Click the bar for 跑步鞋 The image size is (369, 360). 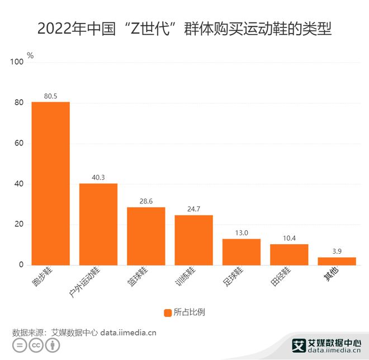click(50, 183)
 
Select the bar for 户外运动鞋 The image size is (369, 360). click(98, 224)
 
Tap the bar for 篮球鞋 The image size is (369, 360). click(146, 236)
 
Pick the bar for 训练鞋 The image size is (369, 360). click(193, 240)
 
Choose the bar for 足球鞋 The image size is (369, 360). click(242, 252)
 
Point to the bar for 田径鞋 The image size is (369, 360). click(289, 254)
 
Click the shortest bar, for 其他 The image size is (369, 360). click(337, 261)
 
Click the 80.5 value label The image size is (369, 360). click(50, 96)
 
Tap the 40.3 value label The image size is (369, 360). click(98, 178)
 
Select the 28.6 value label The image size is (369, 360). click(146, 201)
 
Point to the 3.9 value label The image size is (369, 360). click(337, 252)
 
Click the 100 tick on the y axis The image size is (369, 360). click(17, 62)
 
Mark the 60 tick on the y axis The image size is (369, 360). click(19, 143)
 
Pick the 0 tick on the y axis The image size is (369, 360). click(21, 264)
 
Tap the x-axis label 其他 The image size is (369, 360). click(332, 274)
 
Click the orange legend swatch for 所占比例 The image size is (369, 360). click(167, 312)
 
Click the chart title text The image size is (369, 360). click(184, 28)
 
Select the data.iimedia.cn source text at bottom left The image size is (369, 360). click(128, 332)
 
